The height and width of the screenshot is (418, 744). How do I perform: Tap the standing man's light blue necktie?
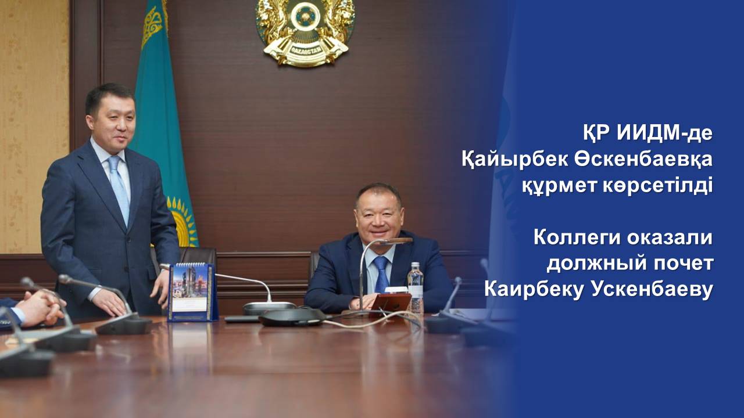[119, 189]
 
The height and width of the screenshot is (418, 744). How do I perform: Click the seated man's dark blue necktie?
[381, 273]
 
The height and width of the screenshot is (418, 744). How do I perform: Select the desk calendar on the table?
[192, 292]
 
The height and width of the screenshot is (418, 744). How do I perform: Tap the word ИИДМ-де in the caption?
[664, 134]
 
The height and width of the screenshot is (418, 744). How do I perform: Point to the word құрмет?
[559, 186]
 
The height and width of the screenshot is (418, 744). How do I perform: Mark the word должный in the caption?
[593, 264]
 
